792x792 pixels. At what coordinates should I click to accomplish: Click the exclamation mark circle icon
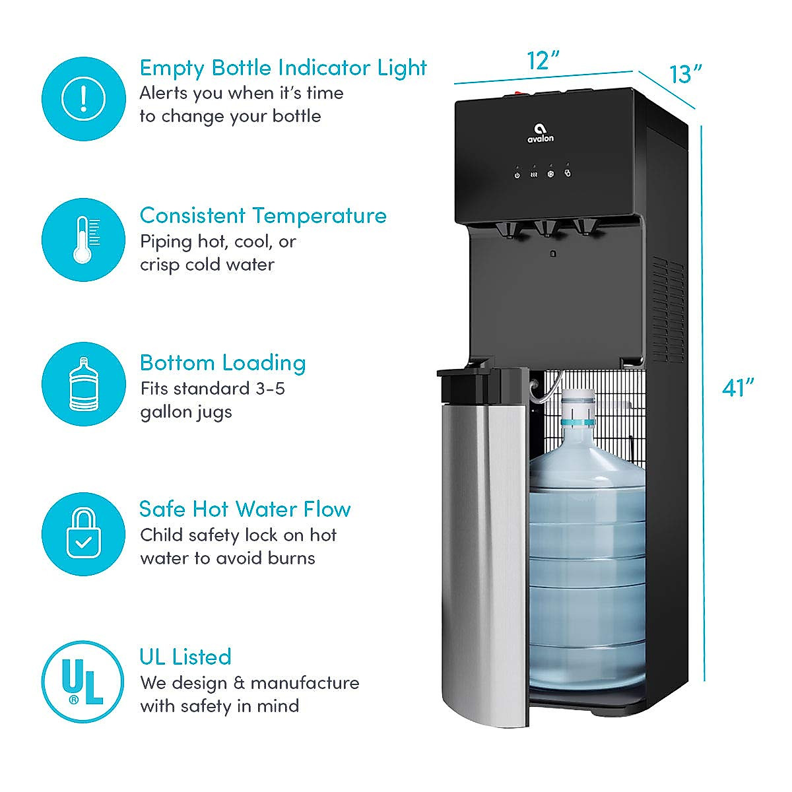83,98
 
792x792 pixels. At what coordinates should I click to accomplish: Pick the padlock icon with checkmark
83,533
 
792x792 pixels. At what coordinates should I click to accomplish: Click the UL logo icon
83,682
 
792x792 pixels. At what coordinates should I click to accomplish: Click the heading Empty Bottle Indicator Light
283,68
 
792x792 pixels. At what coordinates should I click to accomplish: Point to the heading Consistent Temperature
263,216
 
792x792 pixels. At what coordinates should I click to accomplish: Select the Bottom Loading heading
222,363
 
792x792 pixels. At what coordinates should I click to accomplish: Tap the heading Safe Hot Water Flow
245,510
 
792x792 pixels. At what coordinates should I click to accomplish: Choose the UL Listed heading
185,657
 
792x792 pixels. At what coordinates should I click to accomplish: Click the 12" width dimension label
543,61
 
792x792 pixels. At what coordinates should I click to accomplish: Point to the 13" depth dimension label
686,74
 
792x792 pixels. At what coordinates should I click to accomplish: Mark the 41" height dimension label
738,388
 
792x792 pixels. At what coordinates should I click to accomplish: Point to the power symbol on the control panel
517,175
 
